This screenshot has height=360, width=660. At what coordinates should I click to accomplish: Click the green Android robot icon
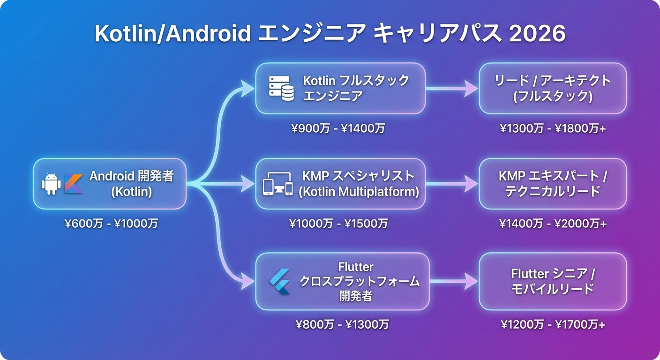(x=51, y=184)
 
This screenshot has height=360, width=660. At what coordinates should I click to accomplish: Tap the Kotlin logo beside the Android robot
(x=74, y=184)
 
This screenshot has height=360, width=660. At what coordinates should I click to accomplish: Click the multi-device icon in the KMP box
(x=277, y=184)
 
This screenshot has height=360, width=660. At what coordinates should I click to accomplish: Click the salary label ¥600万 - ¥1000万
(x=111, y=224)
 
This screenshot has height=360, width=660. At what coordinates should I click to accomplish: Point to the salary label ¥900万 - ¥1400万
(x=337, y=128)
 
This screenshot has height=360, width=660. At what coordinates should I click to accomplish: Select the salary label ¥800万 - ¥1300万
(x=342, y=324)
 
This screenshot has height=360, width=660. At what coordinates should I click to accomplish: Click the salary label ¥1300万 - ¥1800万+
(x=553, y=128)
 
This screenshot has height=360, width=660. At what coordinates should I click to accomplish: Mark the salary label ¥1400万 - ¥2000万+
(x=553, y=224)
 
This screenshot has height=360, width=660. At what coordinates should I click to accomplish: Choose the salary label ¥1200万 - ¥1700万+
(x=553, y=324)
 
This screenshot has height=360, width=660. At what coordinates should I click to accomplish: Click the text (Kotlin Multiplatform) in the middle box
(x=359, y=192)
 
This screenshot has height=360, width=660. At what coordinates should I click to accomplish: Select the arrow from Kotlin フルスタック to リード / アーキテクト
(x=452, y=89)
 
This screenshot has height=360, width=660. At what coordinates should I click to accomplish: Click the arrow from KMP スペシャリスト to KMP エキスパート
(x=452, y=184)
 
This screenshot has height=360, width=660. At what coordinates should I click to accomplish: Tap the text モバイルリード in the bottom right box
(x=553, y=289)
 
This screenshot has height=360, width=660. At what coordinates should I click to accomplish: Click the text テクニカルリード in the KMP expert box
(x=553, y=192)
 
